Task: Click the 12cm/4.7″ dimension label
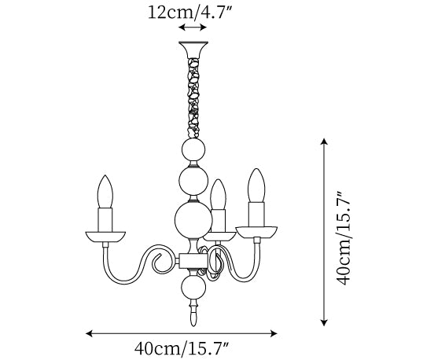pyautogui.click(x=190, y=12)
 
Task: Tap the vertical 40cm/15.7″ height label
pyautogui.click(x=344, y=238)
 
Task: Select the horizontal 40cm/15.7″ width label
pyautogui.click(x=182, y=348)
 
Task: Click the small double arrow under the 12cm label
pyautogui.click(x=193, y=28)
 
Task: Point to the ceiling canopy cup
pyautogui.click(x=193, y=50)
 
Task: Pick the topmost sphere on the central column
pyautogui.click(x=193, y=150)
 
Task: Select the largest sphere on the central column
pyautogui.click(x=193, y=221)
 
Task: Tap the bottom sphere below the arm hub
pyautogui.click(x=193, y=287)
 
